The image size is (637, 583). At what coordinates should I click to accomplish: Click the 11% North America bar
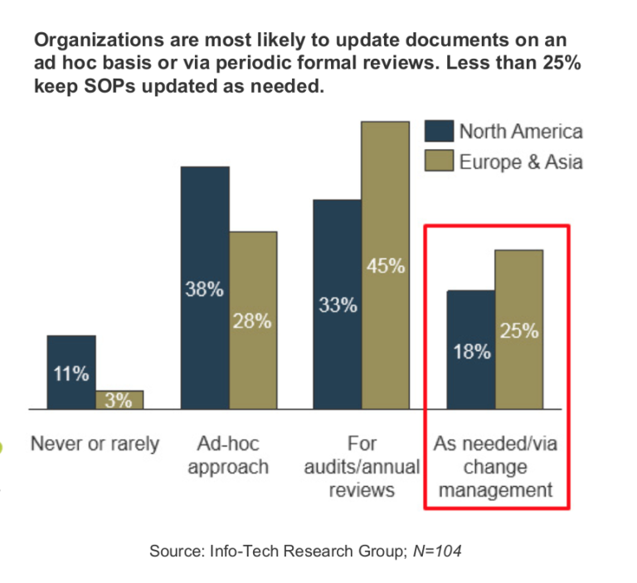[x=71, y=372]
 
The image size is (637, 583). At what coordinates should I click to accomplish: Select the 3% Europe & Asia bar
[x=119, y=400]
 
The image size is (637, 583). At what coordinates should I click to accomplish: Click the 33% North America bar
[x=337, y=304]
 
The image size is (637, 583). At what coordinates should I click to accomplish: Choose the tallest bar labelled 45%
[x=385, y=265]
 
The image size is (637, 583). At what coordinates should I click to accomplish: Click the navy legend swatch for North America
[x=440, y=132]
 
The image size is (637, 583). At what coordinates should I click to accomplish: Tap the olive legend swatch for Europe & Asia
[x=440, y=161]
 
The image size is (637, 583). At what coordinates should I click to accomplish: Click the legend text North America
[x=521, y=132]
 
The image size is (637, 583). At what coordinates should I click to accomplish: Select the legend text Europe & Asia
[x=521, y=161]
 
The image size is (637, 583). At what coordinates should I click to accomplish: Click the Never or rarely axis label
[x=95, y=444]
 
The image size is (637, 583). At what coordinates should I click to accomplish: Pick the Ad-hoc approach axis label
[x=228, y=455]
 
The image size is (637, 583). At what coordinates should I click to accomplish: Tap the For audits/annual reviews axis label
[x=361, y=466]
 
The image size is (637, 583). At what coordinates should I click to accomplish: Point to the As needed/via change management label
[x=495, y=466]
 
